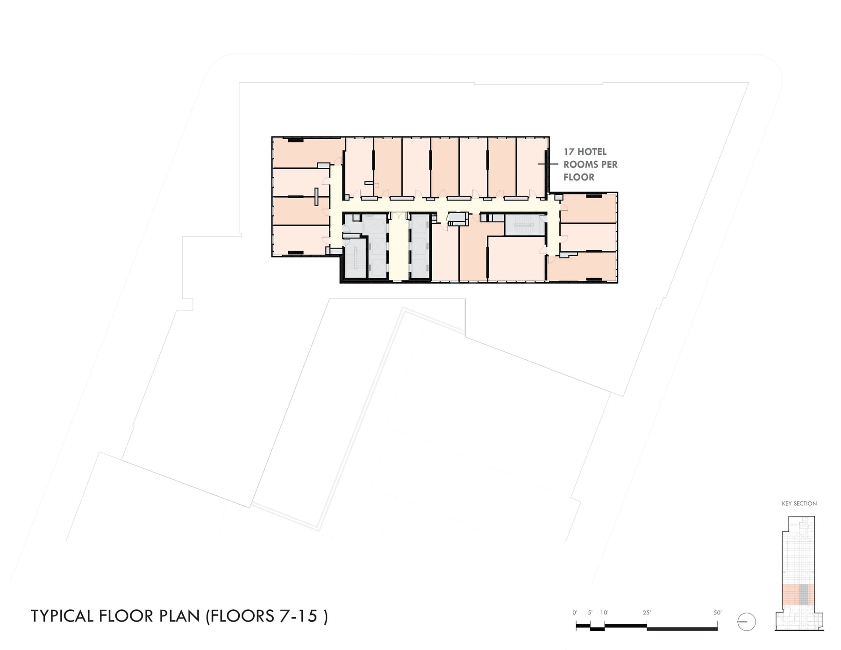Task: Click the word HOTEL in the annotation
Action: pyautogui.click(x=592, y=152)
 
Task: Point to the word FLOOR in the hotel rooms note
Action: pyautogui.click(x=579, y=177)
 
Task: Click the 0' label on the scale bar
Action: pyautogui.click(x=575, y=613)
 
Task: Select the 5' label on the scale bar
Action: pyautogui.click(x=590, y=613)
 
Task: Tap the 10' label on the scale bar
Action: pyautogui.click(x=605, y=613)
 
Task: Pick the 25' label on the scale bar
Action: pyautogui.click(x=647, y=613)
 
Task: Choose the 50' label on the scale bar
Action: pyautogui.click(x=717, y=613)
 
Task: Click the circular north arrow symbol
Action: pyautogui.click(x=746, y=622)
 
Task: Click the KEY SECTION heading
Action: pyautogui.click(x=799, y=504)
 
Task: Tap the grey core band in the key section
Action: pyautogui.click(x=804, y=595)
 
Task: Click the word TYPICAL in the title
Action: pyautogui.click(x=63, y=616)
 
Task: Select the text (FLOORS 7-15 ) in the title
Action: pyautogui.click(x=267, y=616)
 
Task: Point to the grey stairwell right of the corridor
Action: pyautogui.click(x=525, y=225)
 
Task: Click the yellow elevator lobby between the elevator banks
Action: pyautogui.click(x=399, y=248)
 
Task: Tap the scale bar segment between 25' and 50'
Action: pyautogui.click(x=682, y=629)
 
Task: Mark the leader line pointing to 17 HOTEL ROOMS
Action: pyautogui.click(x=548, y=164)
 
